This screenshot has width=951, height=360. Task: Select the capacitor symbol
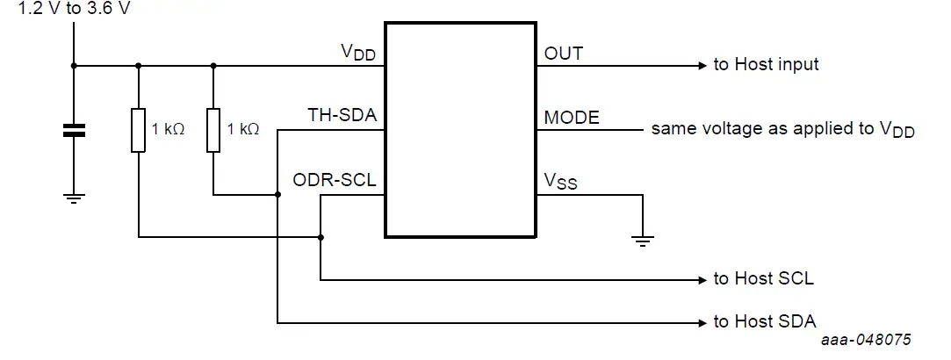(74, 131)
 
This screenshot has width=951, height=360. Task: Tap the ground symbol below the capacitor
(74, 198)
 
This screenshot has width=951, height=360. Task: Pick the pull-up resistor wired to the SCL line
(138, 130)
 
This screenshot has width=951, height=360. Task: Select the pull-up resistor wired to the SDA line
(213, 130)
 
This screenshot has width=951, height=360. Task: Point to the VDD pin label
(358, 53)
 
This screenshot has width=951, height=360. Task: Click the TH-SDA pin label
(342, 115)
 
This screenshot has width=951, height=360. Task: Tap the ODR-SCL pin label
(335, 180)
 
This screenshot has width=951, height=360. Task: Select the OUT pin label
(564, 53)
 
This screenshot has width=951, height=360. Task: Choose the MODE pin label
(572, 117)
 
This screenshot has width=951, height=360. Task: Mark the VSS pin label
(560, 182)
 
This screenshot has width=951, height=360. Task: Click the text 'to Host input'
(766, 64)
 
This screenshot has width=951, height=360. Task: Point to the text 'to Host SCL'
(763, 279)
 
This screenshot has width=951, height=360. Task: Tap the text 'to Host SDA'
(765, 321)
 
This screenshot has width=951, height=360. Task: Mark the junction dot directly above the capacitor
(74, 65)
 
